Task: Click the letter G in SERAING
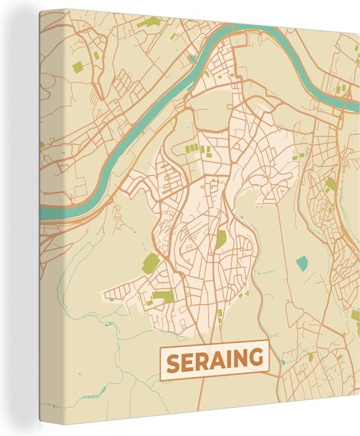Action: (x=257, y=361)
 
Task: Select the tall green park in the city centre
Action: (x=221, y=240)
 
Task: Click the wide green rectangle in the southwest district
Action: (x=164, y=296)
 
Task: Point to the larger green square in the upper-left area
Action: (x=79, y=67)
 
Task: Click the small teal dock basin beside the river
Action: (x=192, y=58)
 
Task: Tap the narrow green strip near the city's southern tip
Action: (x=220, y=315)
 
